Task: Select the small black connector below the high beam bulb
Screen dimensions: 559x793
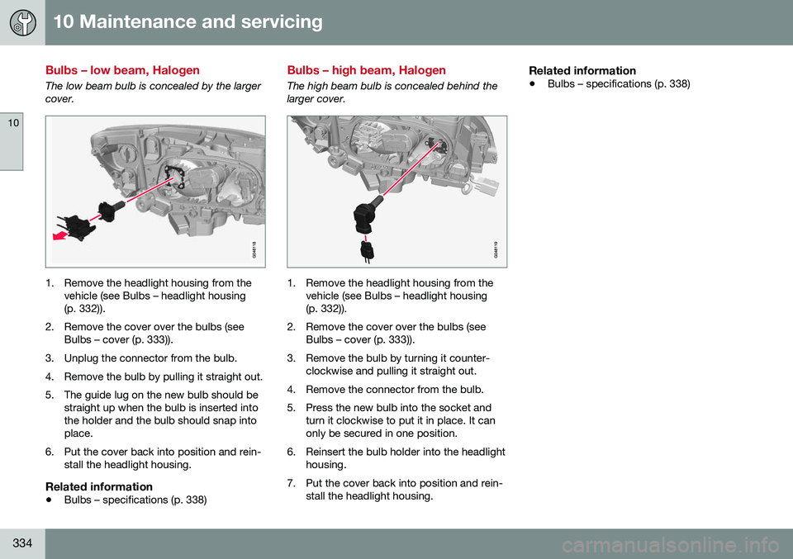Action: (x=367, y=250)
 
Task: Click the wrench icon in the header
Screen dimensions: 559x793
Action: (x=22, y=22)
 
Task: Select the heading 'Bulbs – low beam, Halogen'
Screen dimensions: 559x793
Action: (x=123, y=70)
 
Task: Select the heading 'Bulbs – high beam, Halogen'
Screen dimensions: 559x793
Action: (x=366, y=70)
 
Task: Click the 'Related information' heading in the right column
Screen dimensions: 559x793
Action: (x=582, y=70)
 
